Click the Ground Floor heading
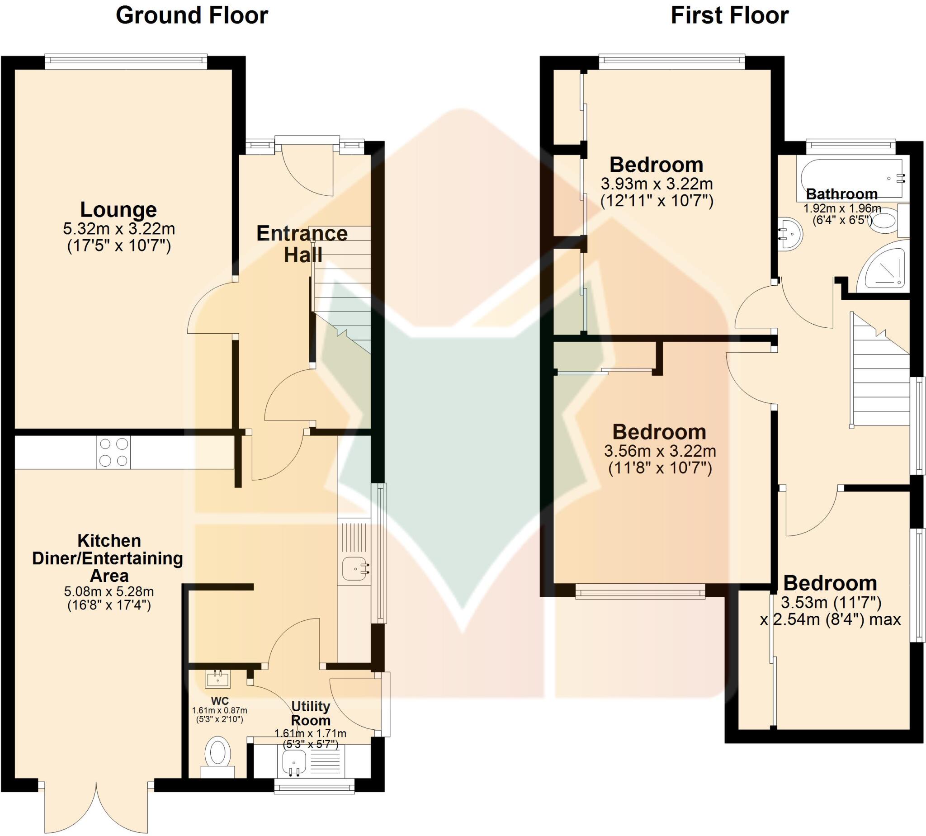coord(192,16)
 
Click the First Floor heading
coord(729,16)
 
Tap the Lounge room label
coord(118,210)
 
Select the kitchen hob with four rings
coord(113,453)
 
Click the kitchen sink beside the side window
coord(355,569)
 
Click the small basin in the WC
coord(218,679)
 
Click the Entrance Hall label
coord(302,244)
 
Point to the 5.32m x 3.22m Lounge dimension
coord(118,228)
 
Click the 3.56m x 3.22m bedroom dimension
coord(660,451)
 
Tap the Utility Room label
coord(311,713)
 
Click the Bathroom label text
coord(841,194)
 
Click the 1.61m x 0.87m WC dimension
coord(219,710)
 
